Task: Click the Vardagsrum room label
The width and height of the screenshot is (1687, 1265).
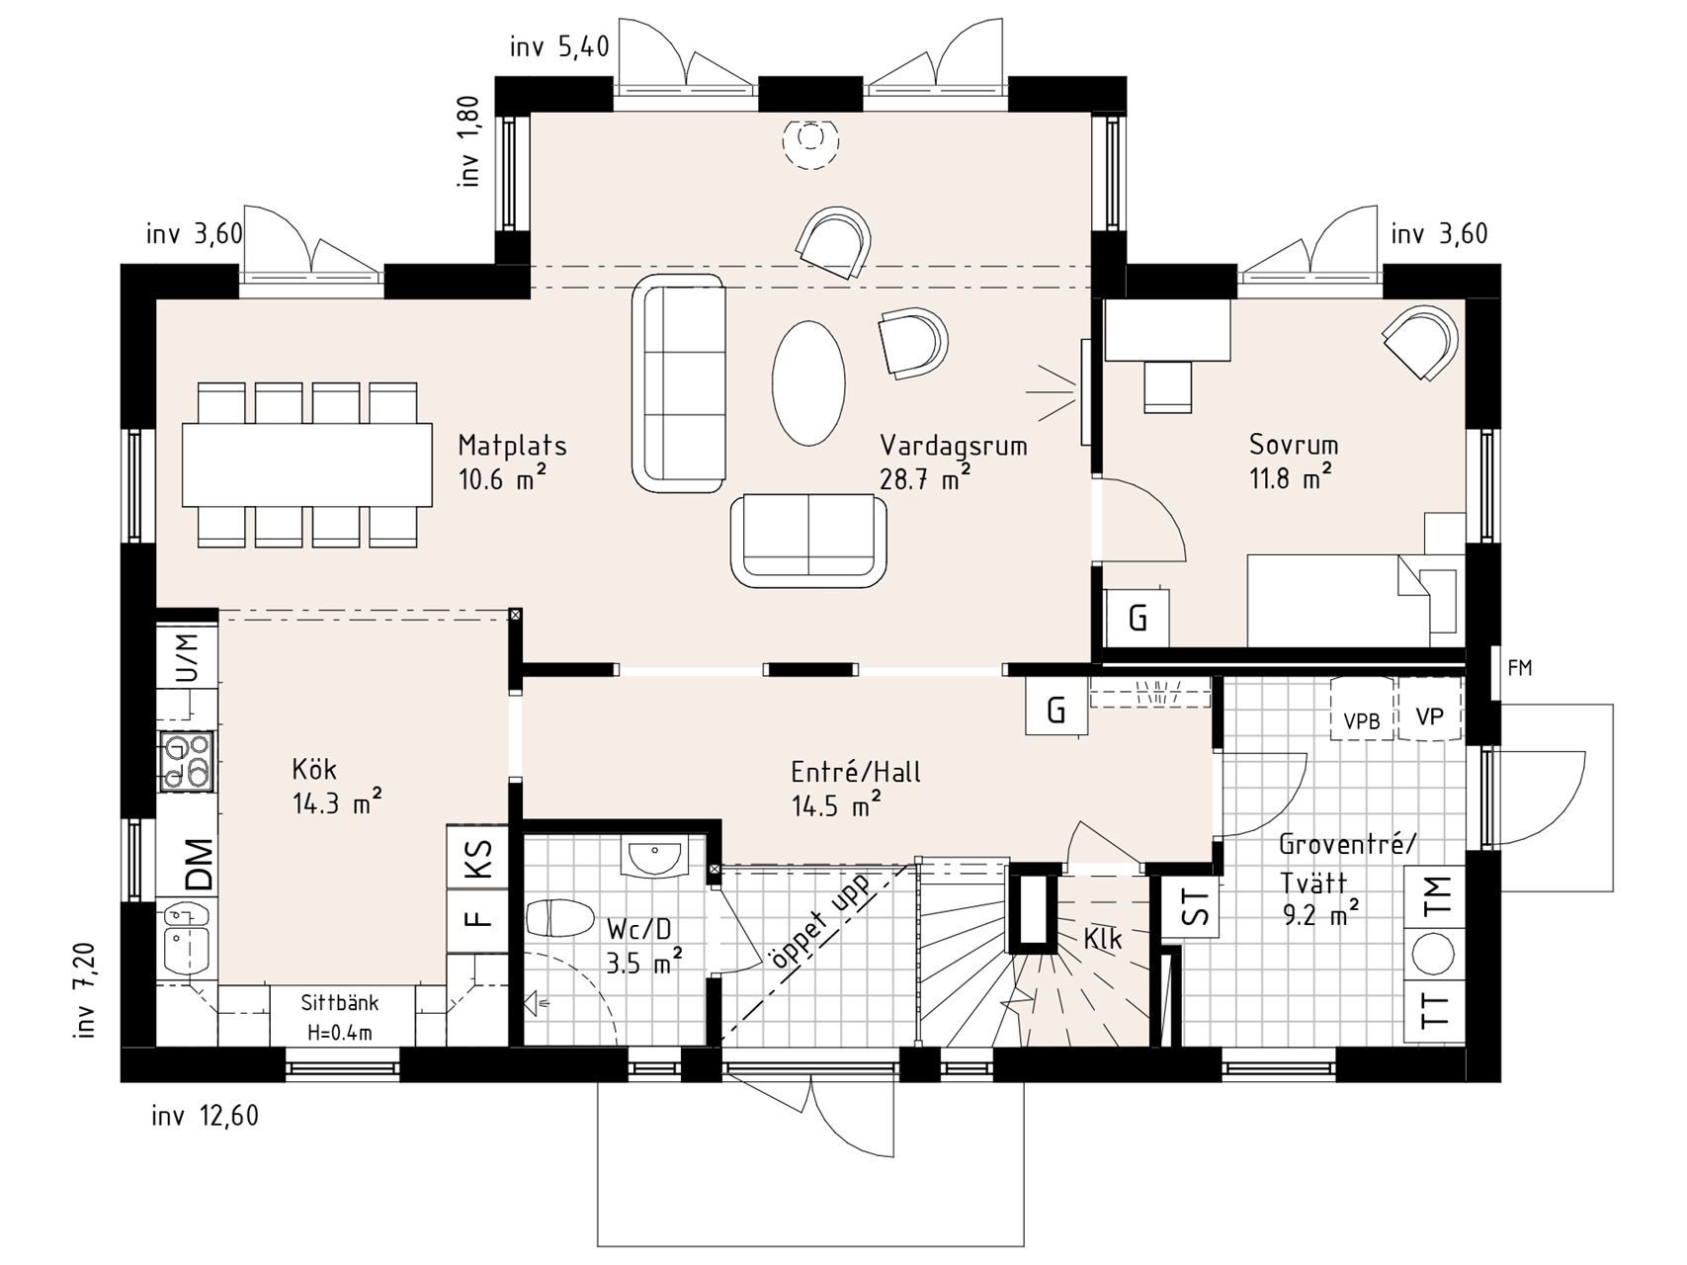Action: point(954,446)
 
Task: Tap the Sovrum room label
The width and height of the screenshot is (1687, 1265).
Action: point(1294,445)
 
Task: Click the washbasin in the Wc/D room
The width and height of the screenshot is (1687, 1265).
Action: point(653,856)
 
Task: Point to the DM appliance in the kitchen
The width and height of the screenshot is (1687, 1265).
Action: point(198,865)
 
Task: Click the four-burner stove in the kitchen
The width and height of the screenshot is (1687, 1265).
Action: point(187,762)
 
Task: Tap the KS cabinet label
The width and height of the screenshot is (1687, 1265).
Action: point(478,857)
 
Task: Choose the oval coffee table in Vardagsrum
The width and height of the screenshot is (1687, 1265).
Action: point(808,383)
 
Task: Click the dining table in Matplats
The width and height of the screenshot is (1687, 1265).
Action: point(307,464)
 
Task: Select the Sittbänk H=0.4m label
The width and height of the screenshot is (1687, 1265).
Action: point(339,1018)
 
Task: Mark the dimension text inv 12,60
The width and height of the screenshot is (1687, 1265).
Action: point(205,1117)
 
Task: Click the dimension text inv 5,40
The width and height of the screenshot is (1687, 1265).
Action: point(559,46)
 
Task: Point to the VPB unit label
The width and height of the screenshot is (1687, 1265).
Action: point(1361,721)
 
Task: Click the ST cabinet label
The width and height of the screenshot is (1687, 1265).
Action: point(1195,907)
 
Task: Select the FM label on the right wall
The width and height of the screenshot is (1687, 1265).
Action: point(1520,668)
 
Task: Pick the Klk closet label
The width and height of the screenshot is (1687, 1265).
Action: point(1102,939)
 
